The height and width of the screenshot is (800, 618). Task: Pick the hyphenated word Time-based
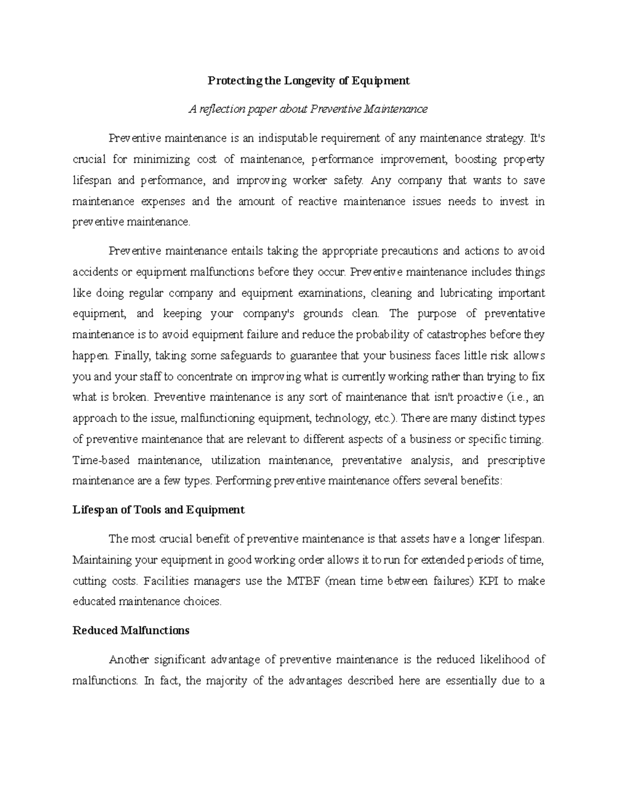[101, 460]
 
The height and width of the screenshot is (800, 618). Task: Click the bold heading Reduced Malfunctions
[131, 630]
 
